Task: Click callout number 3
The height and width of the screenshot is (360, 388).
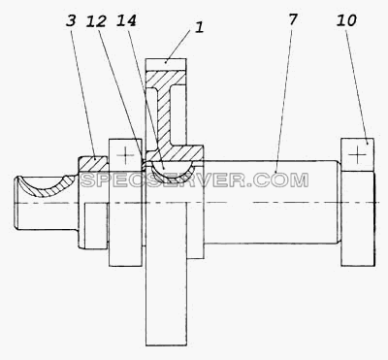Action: (x=71, y=20)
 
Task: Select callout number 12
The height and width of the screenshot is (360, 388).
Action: (x=96, y=21)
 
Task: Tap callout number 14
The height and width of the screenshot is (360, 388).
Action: (x=126, y=20)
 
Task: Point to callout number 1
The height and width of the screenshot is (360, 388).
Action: (x=200, y=27)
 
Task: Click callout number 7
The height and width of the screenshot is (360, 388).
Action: (x=292, y=19)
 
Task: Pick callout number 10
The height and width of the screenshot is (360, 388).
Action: (x=346, y=20)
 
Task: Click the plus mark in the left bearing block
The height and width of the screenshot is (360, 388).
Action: (x=125, y=155)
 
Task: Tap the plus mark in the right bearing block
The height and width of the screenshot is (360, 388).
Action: (x=357, y=154)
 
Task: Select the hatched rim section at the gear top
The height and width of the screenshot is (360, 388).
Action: (x=166, y=79)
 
